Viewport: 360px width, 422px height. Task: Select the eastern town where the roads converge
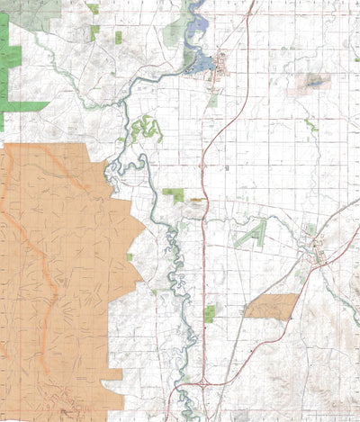coord(316,255)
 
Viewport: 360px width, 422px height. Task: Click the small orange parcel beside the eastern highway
coord(271,306)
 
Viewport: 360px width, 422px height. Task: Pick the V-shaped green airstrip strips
coord(251,235)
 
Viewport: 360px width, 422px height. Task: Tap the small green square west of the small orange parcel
coord(210,313)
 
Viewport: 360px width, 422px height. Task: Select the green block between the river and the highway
coord(174,194)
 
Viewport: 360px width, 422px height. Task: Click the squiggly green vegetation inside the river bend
coord(144,130)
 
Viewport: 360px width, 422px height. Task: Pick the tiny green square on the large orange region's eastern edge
coord(130,257)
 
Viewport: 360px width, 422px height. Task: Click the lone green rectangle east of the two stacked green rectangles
coord(118,37)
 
